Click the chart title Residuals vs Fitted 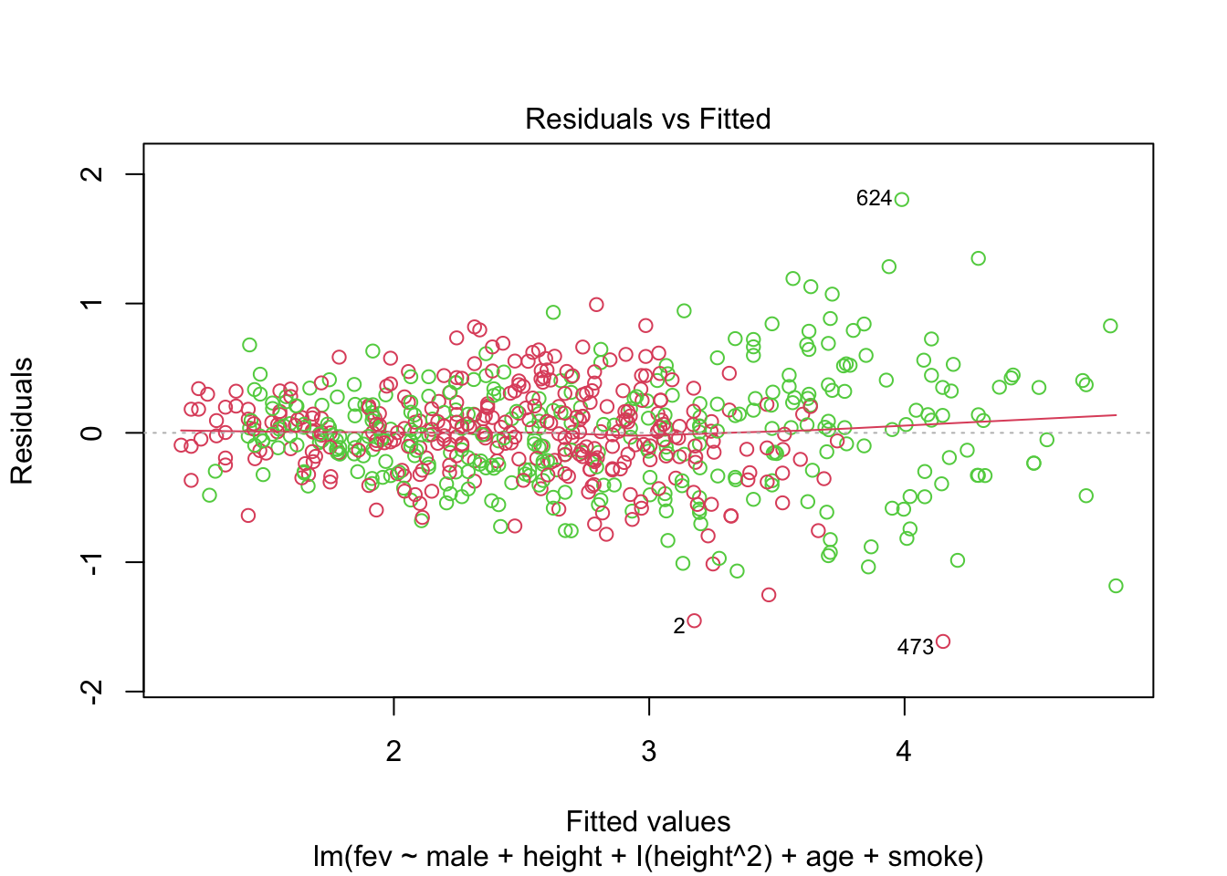(x=647, y=119)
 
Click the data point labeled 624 (x=902, y=200)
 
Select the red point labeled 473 (x=943, y=641)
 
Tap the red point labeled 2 (x=694, y=620)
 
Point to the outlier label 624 (x=873, y=199)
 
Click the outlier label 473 (x=915, y=647)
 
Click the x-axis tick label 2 (x=393, y=751)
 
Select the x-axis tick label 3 (x=648, y=751)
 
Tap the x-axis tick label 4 (x=904, y=751)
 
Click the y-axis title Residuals (x=22, y=421)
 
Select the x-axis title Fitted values (x=648, y=821)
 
